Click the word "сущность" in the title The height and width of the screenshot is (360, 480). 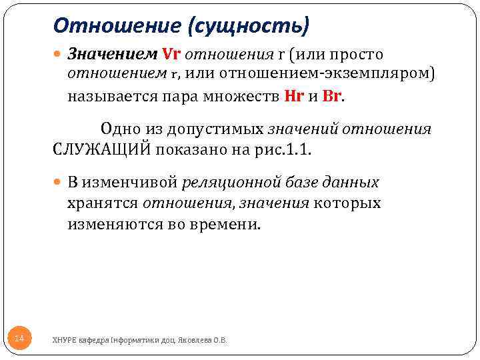(250, 26)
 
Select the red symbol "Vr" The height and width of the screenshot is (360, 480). (172, 53)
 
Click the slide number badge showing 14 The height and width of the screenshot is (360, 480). (19, 339)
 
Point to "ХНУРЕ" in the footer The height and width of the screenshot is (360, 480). (64, 340)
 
